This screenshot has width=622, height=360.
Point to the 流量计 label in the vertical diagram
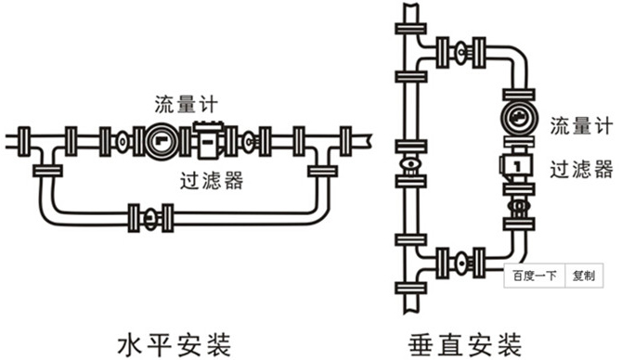(x=579, y=124)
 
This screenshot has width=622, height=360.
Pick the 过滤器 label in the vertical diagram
(x=579, y=169)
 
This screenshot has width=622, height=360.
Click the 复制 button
(x=585, y=276)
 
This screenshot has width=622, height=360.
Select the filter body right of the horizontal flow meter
(x=214, y=142)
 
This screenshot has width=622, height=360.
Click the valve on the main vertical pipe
(x=408, y=170)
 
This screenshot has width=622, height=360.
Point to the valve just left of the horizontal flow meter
(x=123, y=142)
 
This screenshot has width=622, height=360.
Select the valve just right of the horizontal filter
(x=251, y=142)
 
